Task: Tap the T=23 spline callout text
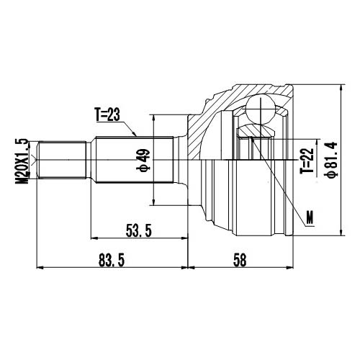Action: click(x=109, y=113)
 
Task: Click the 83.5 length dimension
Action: click(x=107, y=260)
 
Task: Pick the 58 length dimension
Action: click(x=239, y=260)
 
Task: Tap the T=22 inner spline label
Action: click(x=307, y=161)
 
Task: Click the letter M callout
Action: click(x=309, y=216)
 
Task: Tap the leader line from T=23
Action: click(x=132, y=128)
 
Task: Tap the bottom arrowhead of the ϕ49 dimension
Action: click(x=154, y=201)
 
